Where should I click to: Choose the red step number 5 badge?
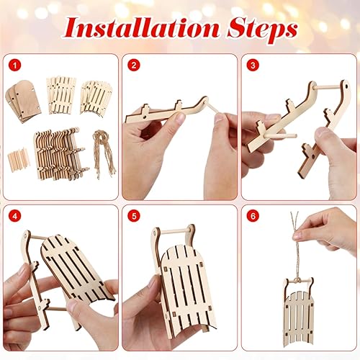[x=132, y=215]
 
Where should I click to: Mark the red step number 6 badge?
[x=252, y=215]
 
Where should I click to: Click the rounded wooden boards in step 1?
[x=24, y=94]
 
